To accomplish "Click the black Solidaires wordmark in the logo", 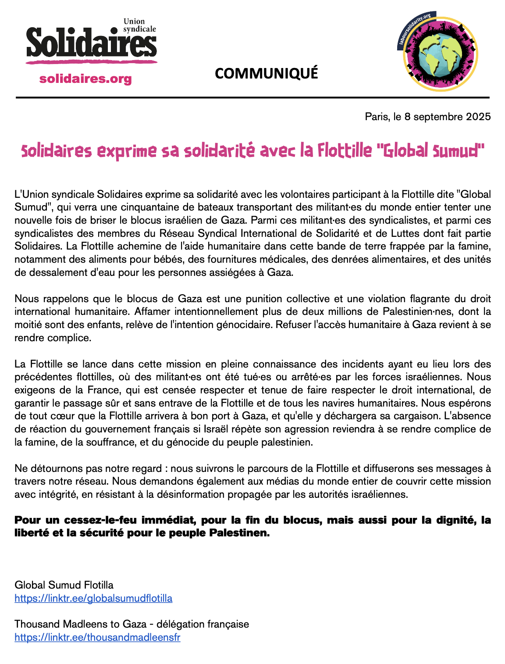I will [x=91, y=43].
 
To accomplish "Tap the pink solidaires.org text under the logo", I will [x=85, y=79].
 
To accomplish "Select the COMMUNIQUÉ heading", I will [x=267, y=73].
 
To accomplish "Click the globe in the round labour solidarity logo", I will [x=440, y=54].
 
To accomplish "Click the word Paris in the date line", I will [x=376, y=117].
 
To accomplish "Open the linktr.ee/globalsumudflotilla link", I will [x=93, y=598].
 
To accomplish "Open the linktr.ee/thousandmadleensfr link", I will [x=97, y=637].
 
